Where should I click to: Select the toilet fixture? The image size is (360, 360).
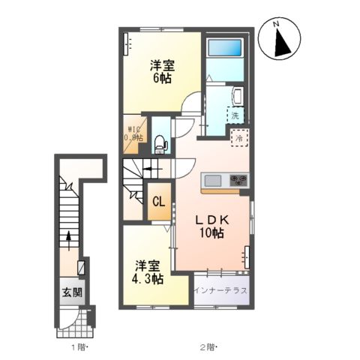coord(159,143)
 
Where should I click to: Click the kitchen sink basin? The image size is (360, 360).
coord(212,181)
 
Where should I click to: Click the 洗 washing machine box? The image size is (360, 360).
coord(235,116)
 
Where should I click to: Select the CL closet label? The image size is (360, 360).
coord(159,202)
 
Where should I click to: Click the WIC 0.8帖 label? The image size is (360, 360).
coord(135,132)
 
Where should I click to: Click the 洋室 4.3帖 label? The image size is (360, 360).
coord(148,272)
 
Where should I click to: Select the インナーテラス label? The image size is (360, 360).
coord(218,289)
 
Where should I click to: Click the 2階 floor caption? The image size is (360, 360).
coord(208,346)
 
